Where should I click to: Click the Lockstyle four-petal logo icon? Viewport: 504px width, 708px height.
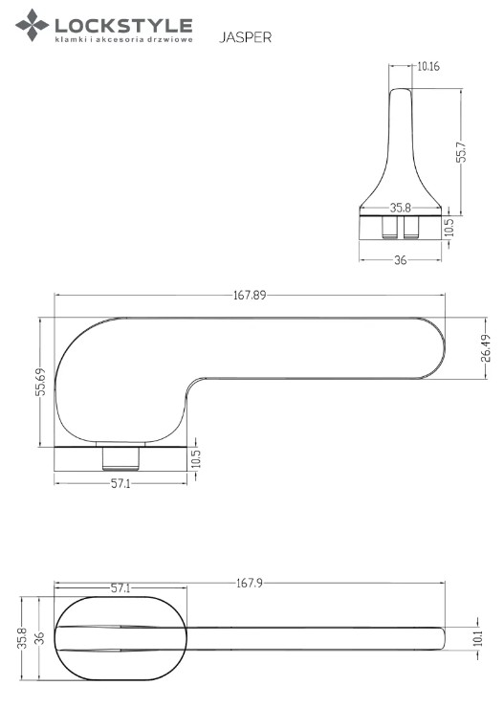click(32, 25)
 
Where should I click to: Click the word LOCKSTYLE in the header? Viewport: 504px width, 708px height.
click(123, 25)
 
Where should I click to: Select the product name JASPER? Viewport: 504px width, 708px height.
click(246, 37)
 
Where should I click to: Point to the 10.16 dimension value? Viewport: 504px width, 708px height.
click(428, 66)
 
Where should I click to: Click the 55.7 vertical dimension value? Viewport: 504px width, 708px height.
click(462, 152)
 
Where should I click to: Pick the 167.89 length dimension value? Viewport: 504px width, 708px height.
click(250, 296)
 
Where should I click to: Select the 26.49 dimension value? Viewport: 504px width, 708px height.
click(487, 348)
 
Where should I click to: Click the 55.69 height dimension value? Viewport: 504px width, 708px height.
click(40, 382)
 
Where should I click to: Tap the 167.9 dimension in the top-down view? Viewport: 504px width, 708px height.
click(250, 583)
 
